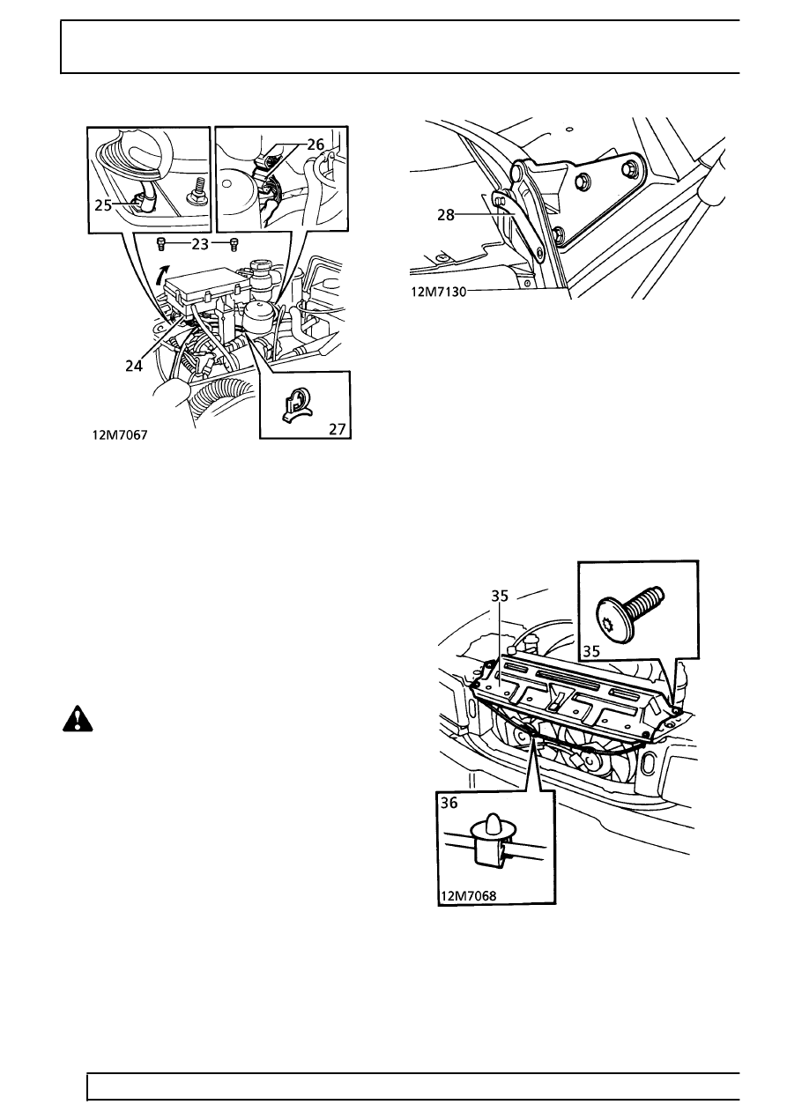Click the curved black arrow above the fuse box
(159, 274)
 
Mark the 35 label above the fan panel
(500, 596)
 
